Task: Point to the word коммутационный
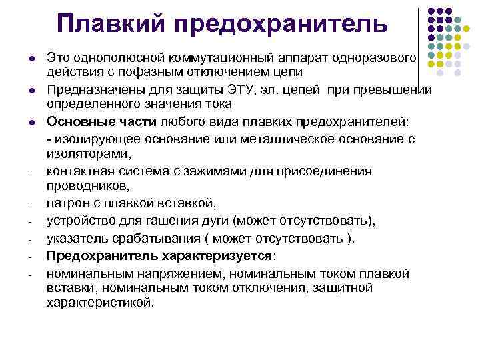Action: pyautogui.click(x=209, y=59)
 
